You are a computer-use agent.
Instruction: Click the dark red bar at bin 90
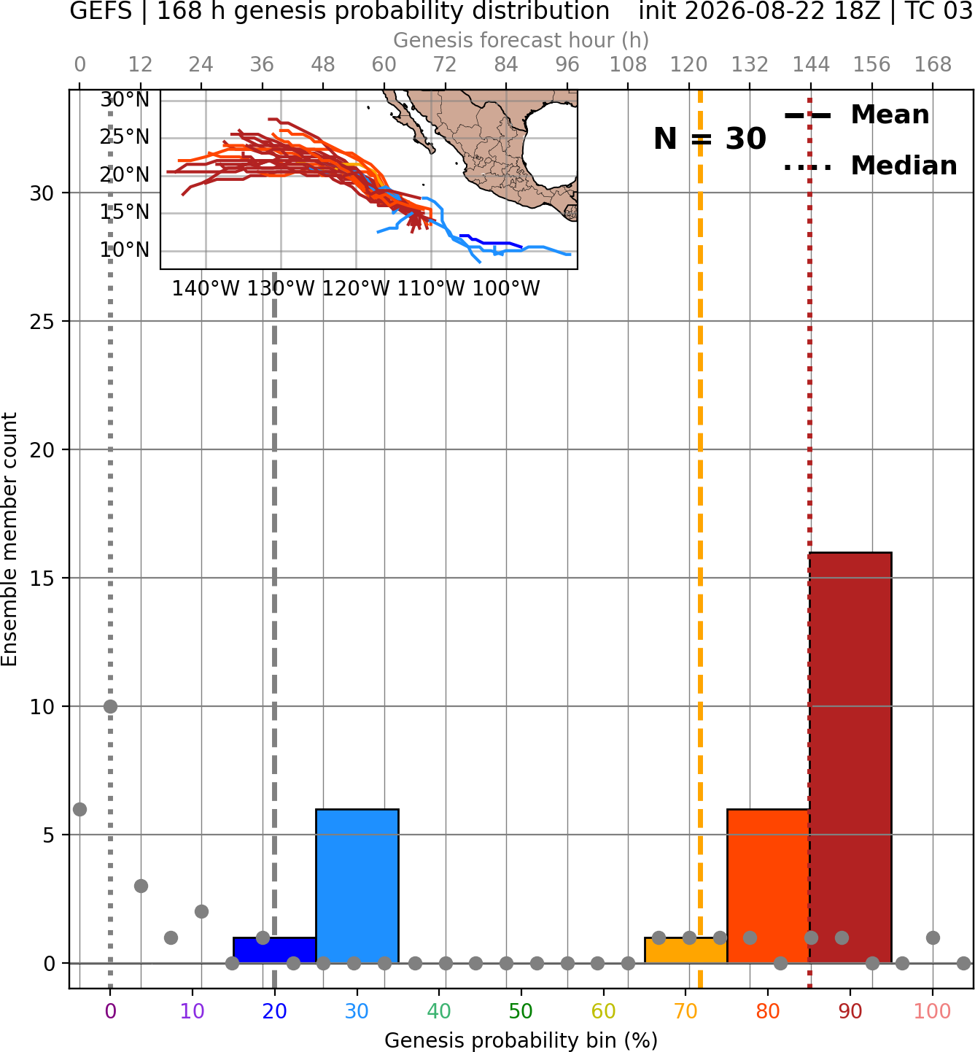(850, 758)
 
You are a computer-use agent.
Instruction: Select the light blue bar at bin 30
(357, 886)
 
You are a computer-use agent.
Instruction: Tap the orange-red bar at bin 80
(768, 886)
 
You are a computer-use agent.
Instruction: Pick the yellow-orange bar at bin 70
(685, 951)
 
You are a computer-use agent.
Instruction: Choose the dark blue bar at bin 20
(275, 951)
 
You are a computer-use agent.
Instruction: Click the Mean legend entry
(856, 115)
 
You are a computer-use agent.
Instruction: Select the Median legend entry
(870, 166)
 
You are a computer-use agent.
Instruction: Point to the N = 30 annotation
(710, 139)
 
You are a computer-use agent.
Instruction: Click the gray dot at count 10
(110, 707)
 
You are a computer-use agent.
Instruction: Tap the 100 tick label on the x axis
(932, 1012)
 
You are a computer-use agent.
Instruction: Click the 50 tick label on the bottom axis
(521, 1012)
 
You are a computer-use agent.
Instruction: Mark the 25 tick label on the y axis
(42, 322)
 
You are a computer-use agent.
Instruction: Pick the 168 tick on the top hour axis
(933, 65)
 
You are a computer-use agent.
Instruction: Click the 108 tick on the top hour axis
(628, 65)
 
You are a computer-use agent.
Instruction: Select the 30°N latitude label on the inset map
(125, 100)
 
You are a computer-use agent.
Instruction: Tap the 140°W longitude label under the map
(206, 289)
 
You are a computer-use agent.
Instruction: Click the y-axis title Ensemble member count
(9, 539)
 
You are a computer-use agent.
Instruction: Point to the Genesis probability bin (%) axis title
(521, 1040)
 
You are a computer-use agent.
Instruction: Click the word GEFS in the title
(101, 11)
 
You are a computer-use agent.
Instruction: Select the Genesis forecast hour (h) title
(521, 40)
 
